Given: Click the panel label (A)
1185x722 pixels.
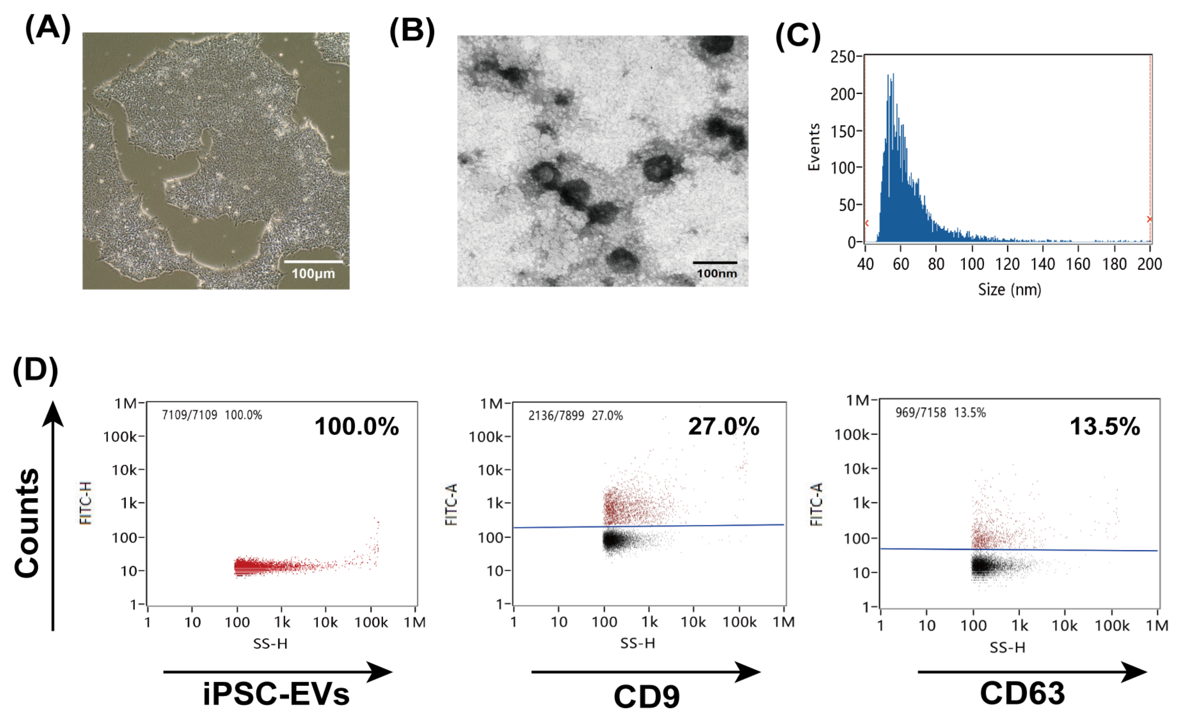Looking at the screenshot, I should [48, 28].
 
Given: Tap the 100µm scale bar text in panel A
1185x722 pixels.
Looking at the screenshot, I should [313, 274].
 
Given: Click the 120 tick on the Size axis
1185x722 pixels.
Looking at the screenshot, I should [1007, 264].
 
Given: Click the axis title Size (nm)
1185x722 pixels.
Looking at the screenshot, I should [1010, 290].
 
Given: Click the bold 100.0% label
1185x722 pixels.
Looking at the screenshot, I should [356, 426].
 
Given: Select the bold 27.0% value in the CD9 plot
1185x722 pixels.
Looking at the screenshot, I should [723, 426].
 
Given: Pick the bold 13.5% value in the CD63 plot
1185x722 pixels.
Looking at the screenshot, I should [1105, 426].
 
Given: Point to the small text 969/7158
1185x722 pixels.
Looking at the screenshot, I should [920, 413].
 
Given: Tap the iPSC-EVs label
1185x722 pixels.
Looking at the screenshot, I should [276, 695].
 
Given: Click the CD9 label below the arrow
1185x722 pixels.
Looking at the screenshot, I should [646, 697].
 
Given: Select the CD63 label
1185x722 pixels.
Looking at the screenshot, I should [1023, 693].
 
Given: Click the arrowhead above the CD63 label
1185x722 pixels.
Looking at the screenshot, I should [1135, 672].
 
